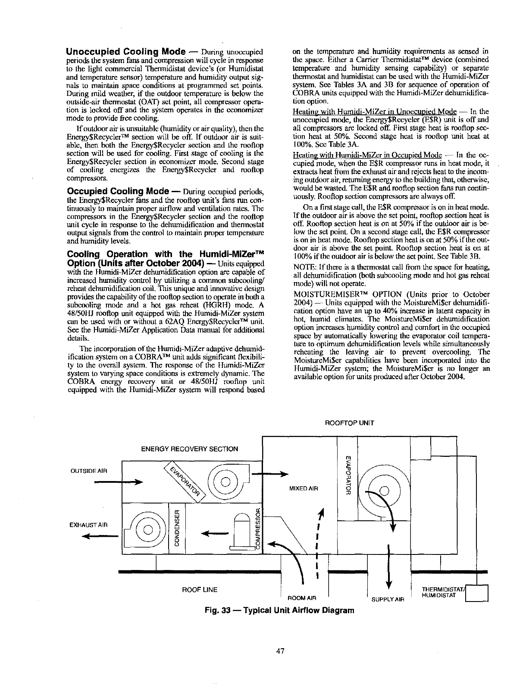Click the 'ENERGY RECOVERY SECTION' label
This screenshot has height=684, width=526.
(x=189, y=449)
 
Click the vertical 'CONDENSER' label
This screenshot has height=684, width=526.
(x=176, y=528)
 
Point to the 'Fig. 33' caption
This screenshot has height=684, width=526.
(x=279, y=610)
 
